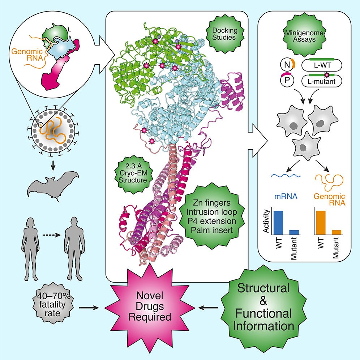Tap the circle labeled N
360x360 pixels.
286,66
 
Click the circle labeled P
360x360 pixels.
286,82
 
